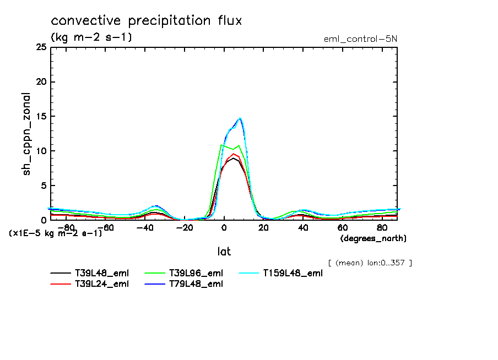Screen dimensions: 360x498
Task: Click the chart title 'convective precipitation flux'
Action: pyautogui.click(x=146, y=21)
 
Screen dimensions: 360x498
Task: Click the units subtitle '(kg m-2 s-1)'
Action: pyautogui.click(x=91, y=37)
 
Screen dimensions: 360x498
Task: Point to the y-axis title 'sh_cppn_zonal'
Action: pyautogui.click(x=26, y=134)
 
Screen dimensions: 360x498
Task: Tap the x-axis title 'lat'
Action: pyautogui.click(x=224, y=251)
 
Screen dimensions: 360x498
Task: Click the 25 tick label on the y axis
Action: pyautogui.click(x=40, y=47)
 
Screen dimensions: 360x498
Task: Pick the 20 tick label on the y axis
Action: pyautogui.click(x=40, y=82)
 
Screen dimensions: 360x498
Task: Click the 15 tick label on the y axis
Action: pyautogui.click(x=40, y=117)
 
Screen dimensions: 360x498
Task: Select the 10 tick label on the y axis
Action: pyautogui.click(x=40, y=151)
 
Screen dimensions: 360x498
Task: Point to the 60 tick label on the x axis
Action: pyautogui.click(x=342, y=227)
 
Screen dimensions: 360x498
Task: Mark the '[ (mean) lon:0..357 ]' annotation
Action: pyautogui.click(x=370, y=263)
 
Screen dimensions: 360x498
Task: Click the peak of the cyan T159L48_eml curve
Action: pyautogui.click(x=240, y=118)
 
